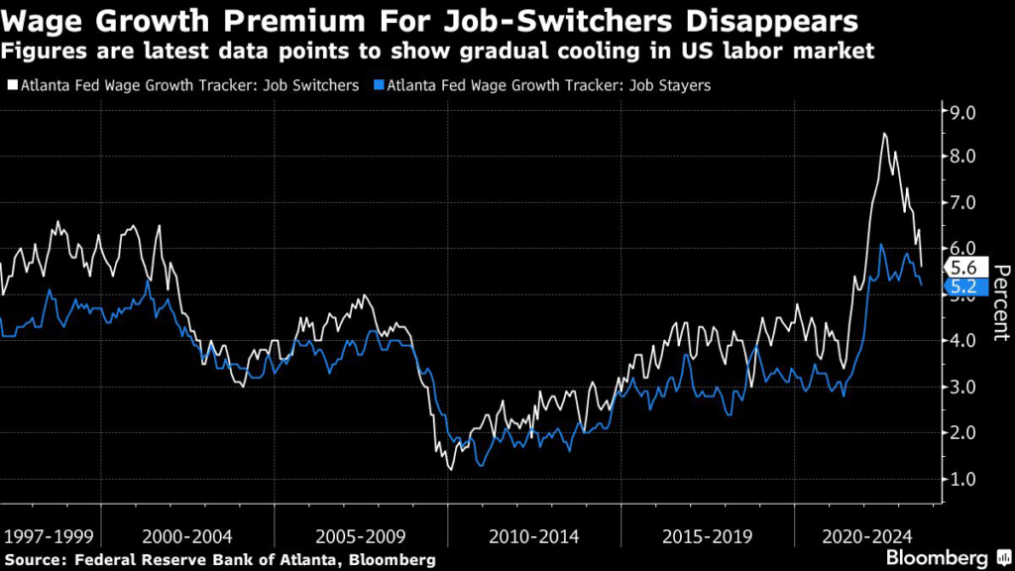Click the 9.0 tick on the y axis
pyautogui.click(x=963, y=111)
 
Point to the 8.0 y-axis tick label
pyautogui.click(x=963, y=157)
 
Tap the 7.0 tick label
pyautogui.click(x=963, y=202)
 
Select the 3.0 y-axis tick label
pyautogui.click(x=963, y=387)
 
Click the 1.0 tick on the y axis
pyautogui.click(x=963, y=479)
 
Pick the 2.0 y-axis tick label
pyautogui.click(x=963, y=433)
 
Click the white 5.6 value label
pyautogui.click(x=963, y=267)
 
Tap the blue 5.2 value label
pyautogui.click(x=963, y=286)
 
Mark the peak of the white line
pyautogui.click(x=884, y=133)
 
